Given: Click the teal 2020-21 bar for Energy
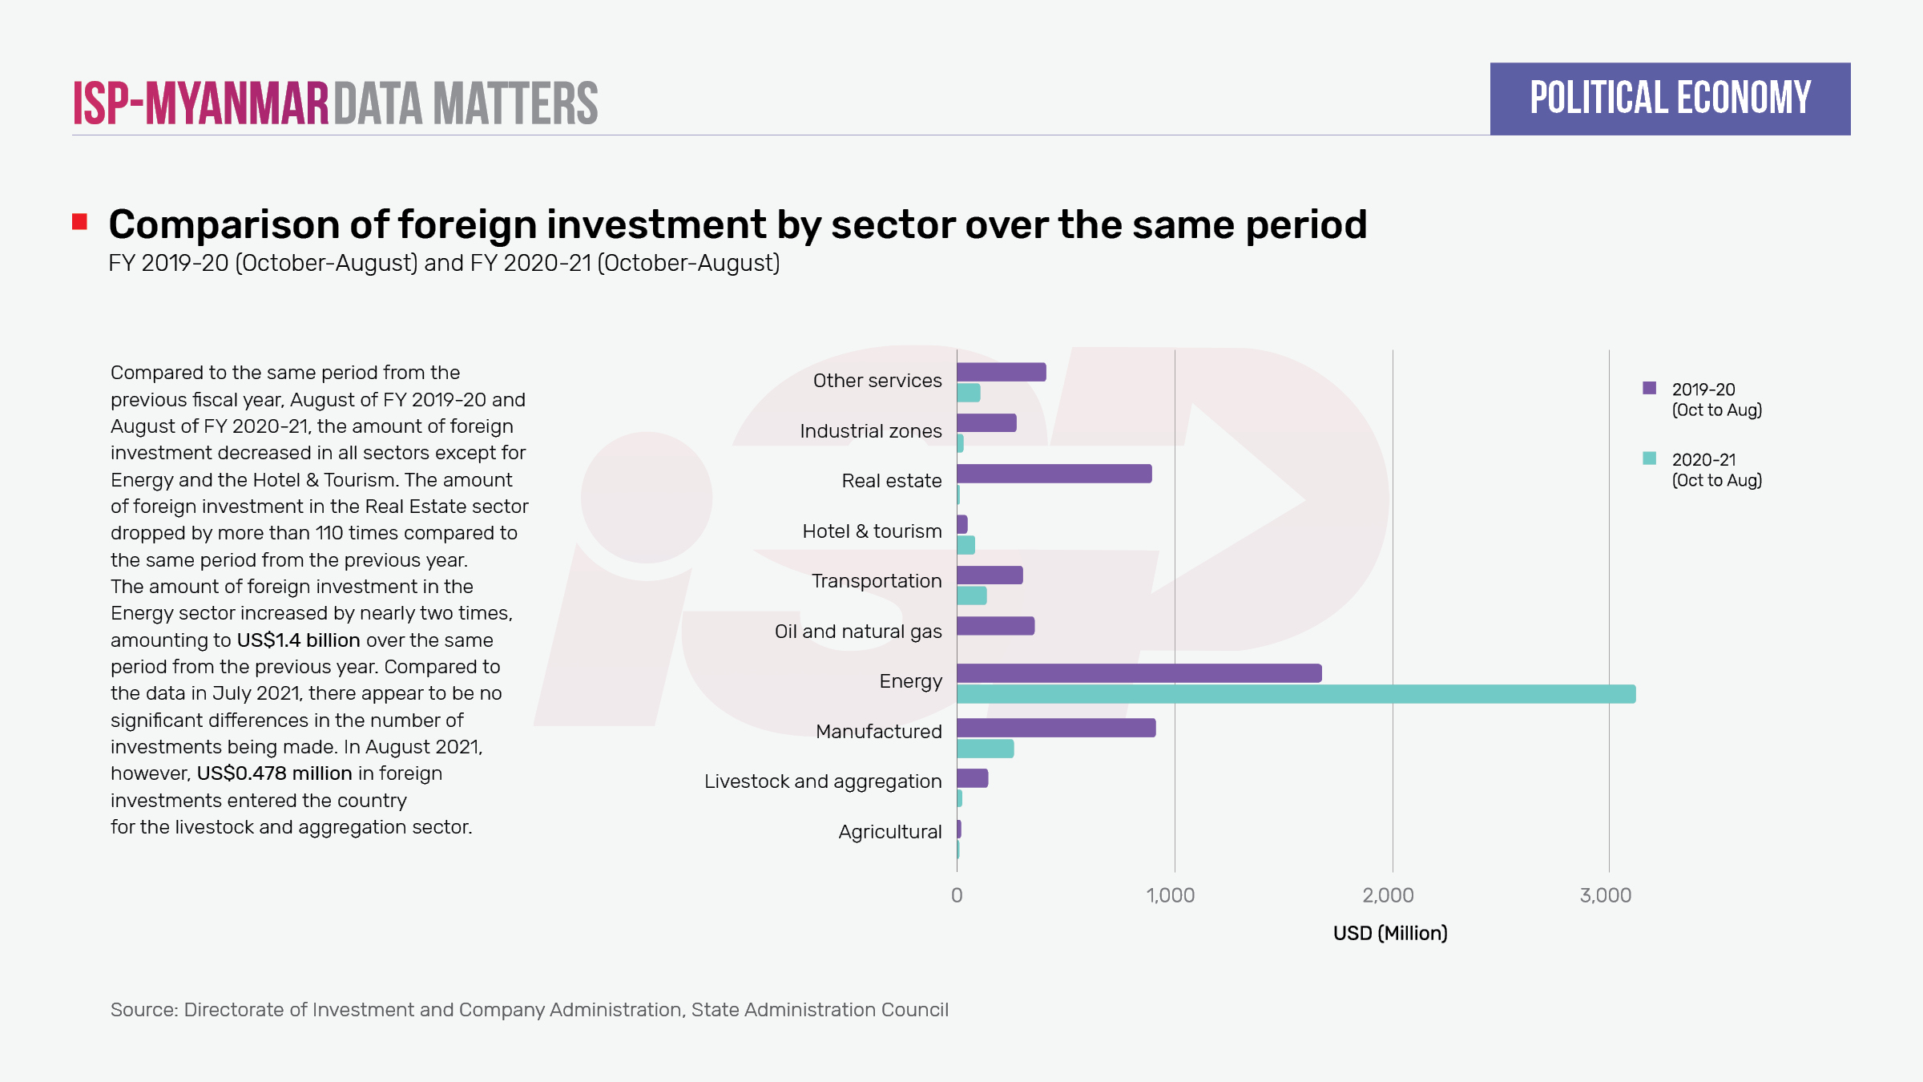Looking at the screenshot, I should [x=1296, y=694].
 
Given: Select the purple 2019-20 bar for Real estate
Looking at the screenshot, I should [x=1054, y=474].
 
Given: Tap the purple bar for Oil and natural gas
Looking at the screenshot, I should [x=995, y=626].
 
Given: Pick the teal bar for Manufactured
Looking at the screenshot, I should [x=985, y=749].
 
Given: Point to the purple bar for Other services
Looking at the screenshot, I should [x=1001, y=372].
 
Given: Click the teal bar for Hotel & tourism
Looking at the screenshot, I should [x=966, y=545].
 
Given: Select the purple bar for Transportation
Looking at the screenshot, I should [x=990, y=575].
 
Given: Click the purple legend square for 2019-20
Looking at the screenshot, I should [x=1649, y=388].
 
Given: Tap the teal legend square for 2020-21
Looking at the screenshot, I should [x=1649, y=458].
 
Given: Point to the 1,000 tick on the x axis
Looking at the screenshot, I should [x=1171, y=895].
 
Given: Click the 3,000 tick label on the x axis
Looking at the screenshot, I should [x=1605, y=895].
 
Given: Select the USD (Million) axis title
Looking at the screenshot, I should [x=1390, y=933].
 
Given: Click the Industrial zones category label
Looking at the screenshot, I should [x=870, y=431].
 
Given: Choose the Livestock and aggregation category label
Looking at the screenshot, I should [x=823, y=781].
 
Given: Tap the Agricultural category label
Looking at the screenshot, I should [x=889, y=832].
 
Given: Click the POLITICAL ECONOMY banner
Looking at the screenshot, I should [x=1670, y=99].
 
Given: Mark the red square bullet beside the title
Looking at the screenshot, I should [x=79, y=222].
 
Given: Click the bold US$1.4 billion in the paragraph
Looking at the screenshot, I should [x=298, y=640].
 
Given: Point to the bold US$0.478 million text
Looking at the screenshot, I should [x=274, y=773].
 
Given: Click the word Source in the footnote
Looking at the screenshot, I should [x=143, y=1010].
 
